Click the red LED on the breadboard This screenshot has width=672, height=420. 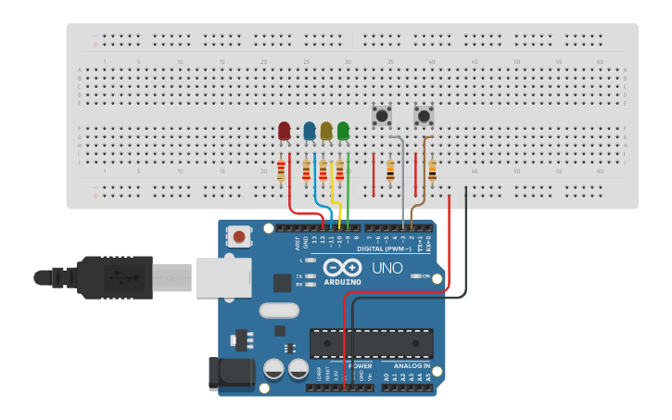tap(285, 131)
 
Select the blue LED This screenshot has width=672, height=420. tap(310, 131)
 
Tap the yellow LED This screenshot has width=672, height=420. tap(326, 131)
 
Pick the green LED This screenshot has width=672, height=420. tap(343, 131)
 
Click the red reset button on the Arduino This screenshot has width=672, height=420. tap(239, 236)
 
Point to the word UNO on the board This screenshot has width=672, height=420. tap(387, 268)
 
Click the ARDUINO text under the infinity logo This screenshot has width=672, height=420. tap(343, 282)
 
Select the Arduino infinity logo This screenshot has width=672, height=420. tap(343, 268)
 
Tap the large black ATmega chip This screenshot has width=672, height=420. tap(371, 343)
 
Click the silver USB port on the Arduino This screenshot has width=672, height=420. tap(223, 276)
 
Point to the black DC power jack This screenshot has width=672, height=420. tap(232, 373)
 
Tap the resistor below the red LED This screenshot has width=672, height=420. tap(281, 171)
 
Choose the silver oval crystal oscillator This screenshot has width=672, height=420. tap(279, 311)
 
